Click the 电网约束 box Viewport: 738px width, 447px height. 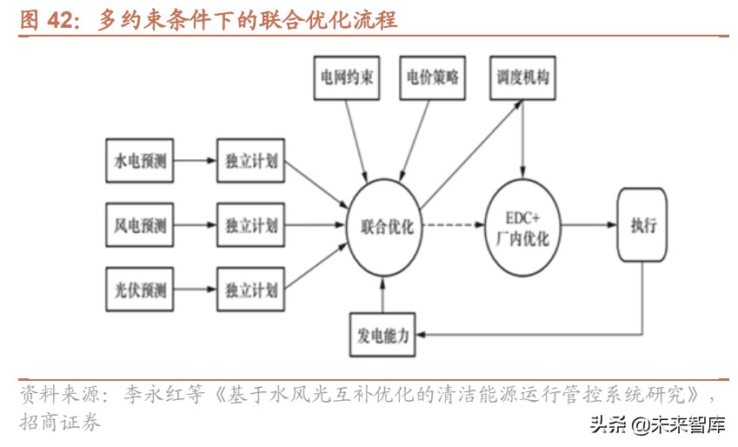click(x=345, y=78)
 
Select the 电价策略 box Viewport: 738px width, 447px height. click(x=432, y=78)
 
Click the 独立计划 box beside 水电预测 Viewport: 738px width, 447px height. click(x=250, y=162)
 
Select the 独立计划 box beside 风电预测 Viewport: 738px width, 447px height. click(x=250, y=225)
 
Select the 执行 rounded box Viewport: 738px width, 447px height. click(x=643, y=225)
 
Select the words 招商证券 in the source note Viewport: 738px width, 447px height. click(x=60, y=424)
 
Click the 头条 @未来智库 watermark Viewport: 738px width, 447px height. click(x=657, y=425)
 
